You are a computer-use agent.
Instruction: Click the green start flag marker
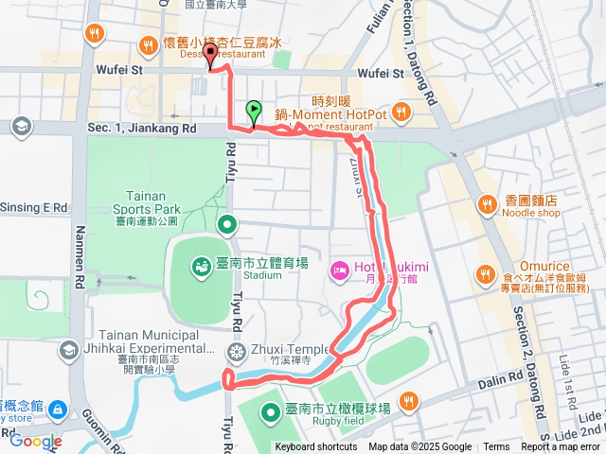(254, 112)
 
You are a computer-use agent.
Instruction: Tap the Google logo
(35, 441)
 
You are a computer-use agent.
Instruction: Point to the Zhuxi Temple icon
(236, 352)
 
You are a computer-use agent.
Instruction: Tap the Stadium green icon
(201, 268)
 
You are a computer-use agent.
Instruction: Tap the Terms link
(496, 447)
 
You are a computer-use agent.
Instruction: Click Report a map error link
(561, 447)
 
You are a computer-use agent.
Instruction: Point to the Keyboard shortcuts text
(316, 447)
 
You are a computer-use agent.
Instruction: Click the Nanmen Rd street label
(79, 255)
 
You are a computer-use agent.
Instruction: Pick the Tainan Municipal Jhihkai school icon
(67, 351)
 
